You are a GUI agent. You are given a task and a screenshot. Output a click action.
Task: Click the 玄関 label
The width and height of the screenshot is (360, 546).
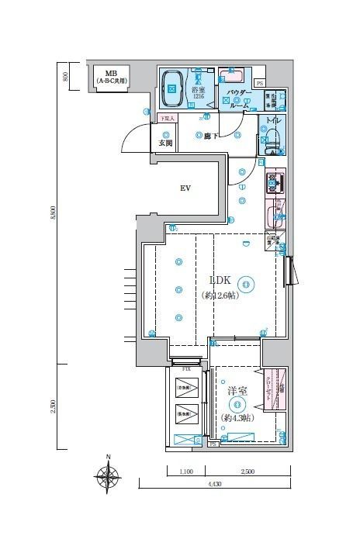point(164,143)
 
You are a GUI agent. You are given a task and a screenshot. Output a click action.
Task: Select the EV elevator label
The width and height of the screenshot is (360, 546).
point(185,188)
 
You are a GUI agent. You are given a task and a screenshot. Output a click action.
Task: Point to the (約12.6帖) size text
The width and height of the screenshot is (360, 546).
point(220,295)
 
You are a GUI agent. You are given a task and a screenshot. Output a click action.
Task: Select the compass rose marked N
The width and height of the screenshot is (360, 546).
point(109,475)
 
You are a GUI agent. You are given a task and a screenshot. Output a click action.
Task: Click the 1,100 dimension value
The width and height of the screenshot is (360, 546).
point(185,471)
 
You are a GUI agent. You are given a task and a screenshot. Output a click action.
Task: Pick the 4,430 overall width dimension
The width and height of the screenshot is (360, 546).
point(213,485)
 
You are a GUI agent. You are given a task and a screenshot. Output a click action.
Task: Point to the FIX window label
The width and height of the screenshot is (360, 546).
point(186,360)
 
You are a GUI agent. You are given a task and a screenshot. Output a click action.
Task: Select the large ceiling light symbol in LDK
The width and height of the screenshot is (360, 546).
point(245,285)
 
